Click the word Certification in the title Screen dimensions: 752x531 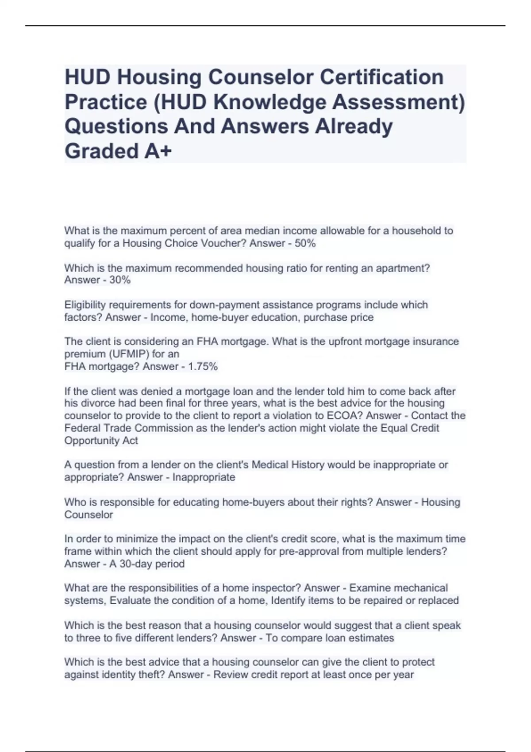[x=381, y=77]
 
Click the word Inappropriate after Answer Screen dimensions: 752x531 [x=204, y=477]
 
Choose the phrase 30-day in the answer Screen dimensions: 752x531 [x=136, y=564]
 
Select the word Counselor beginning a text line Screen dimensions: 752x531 [x=88, y=515]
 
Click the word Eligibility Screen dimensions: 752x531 [x=83, y=305]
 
